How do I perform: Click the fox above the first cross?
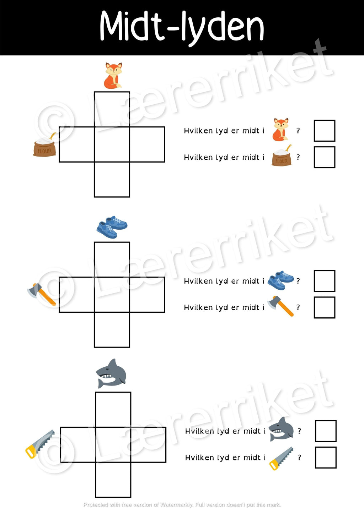point(113,76)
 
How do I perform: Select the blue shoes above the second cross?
point(112,227)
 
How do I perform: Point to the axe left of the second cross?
point(42,294)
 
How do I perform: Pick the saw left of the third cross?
point(40,444)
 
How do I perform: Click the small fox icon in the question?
point(280,130)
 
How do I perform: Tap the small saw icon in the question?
point(281,459)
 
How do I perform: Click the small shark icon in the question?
point(281,429)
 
